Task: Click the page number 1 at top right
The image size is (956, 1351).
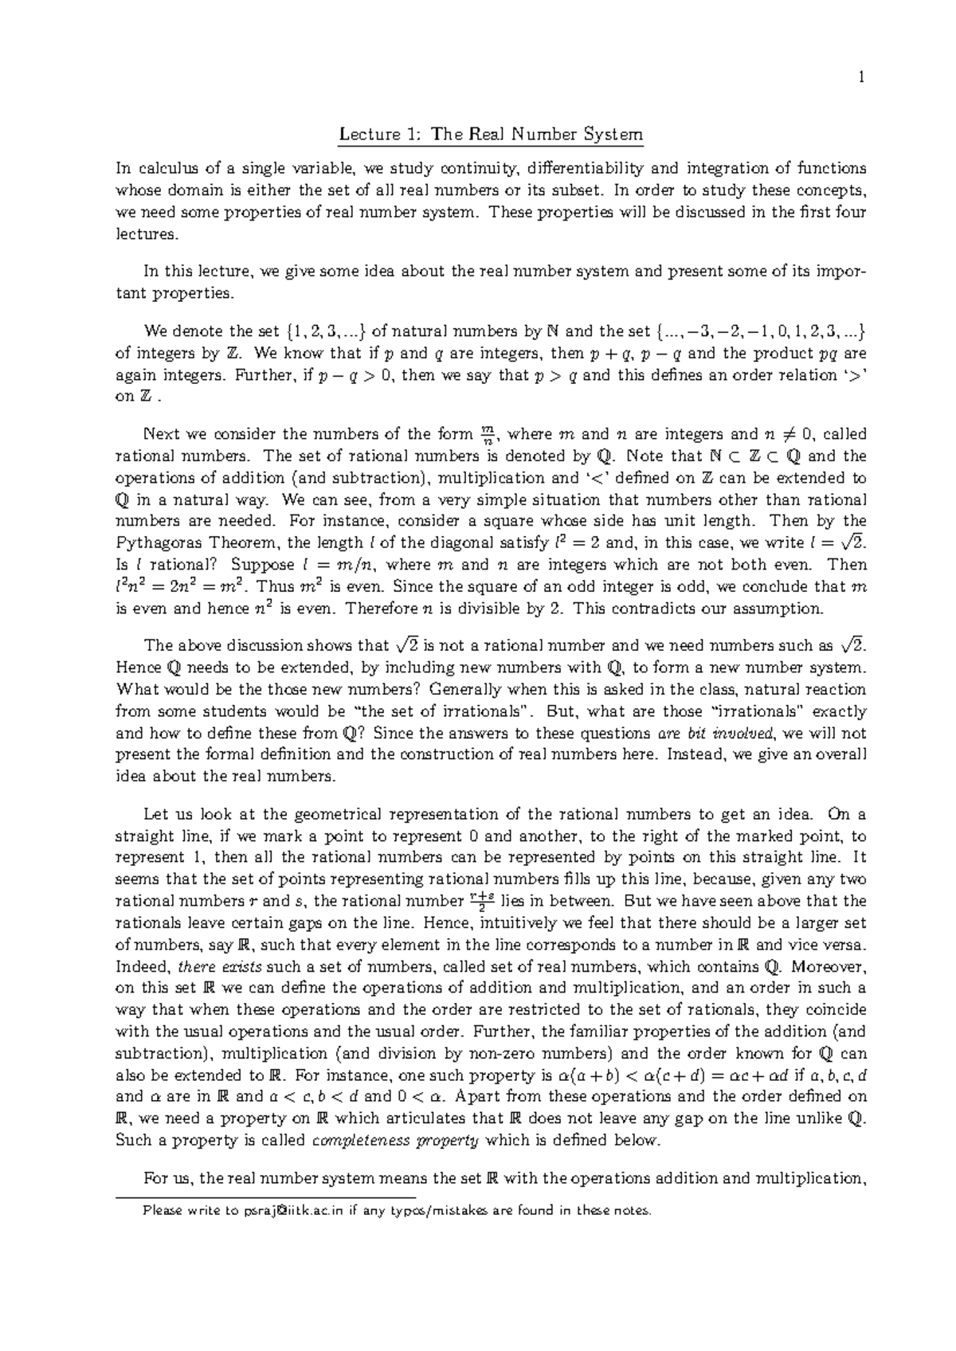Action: [x=861, y=77]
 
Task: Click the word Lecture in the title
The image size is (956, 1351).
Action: [x=366, y=135]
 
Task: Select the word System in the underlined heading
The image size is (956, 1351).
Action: [x=613, y=135]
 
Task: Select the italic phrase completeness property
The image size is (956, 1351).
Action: [x=395, y=1140]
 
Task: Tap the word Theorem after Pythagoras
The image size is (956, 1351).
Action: [x=238, y=543]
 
